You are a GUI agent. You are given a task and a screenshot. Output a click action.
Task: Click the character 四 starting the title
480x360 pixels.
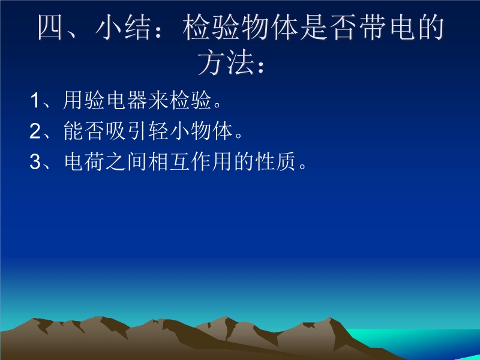(x=50, y=28)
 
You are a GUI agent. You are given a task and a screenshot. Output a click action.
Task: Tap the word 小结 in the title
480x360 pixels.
(x=124, y=28)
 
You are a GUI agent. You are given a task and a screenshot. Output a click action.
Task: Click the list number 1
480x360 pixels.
(x=35, y=100)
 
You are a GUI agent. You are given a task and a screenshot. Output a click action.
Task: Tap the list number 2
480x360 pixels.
(x=35, y=131)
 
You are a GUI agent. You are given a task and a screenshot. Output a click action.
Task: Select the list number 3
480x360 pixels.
(x=35, y=161)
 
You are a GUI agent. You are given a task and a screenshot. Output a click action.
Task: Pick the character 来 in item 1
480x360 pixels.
(x=158, y=100)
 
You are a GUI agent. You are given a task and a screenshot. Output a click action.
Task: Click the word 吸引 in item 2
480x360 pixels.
(x=137, y=131)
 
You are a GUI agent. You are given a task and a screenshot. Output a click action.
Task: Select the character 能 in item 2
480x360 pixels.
(x=73, y=131)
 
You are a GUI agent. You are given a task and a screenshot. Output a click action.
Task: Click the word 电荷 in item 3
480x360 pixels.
(x=84, y=161)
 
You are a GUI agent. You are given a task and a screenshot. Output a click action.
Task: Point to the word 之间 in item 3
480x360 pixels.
(x=127, y=161)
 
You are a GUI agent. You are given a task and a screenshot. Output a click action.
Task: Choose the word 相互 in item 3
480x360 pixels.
(x=169, y=161)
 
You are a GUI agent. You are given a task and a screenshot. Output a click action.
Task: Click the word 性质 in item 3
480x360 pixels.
(x=275, y=161)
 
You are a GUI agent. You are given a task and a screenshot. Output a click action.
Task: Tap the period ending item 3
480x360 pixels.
(x=303, y=166)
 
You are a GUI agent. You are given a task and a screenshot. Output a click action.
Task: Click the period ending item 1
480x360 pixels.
(x=218, y=105)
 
